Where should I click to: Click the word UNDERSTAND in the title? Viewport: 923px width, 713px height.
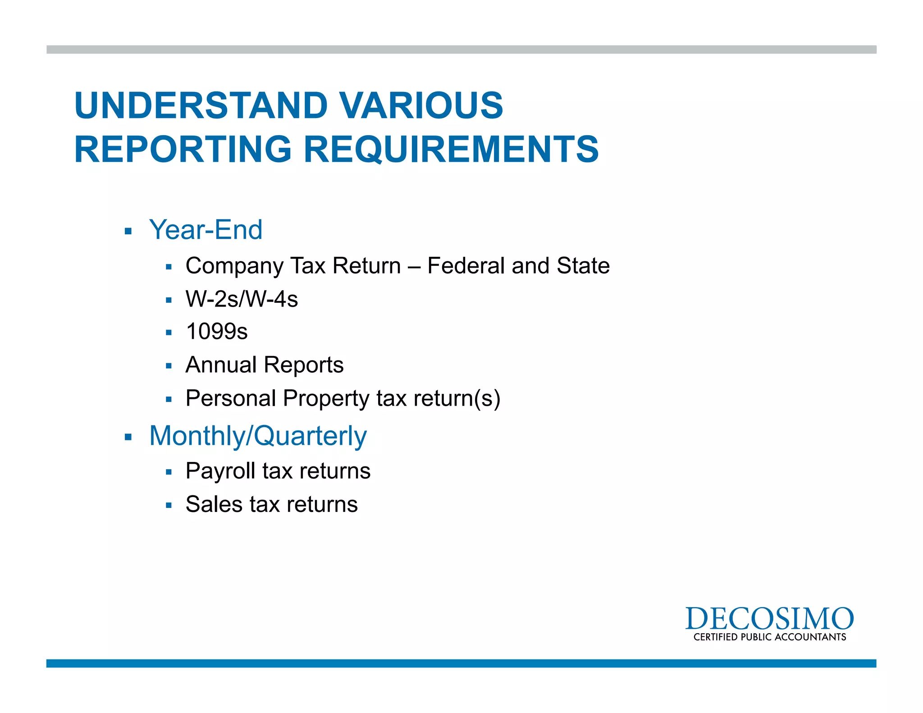(x=201, y=105)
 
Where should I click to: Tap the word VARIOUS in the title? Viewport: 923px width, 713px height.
(x=421, y=105)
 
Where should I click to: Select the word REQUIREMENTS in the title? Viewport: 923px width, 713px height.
(x=451, y=149)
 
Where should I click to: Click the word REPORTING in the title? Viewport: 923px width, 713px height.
(x=183, y=149)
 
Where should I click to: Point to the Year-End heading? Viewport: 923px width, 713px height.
(x=206, y=230)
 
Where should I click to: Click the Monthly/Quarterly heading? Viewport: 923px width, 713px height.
(x=258, y=436)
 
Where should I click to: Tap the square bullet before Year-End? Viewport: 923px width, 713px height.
(x=128, y=232)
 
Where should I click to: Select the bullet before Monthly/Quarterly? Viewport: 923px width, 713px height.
(x=128, y=437)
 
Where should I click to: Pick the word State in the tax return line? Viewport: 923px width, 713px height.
(x=583, y=265)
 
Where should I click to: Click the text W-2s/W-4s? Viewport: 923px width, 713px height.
(x=242, y=299)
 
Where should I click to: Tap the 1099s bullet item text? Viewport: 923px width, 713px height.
(x=217, y=332)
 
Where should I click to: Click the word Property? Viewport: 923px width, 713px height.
(x=326, y=399)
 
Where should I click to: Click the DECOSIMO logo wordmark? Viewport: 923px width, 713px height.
(x=769, y=619)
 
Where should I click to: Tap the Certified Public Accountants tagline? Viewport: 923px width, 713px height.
(x=769, y=637)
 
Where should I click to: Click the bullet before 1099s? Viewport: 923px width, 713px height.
(x=169, y=333)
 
